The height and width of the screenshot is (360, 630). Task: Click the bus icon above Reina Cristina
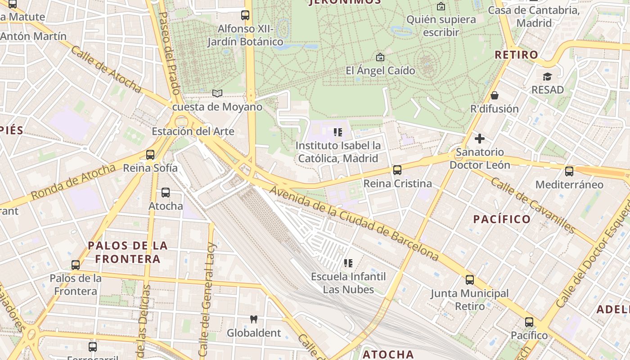tap(397, 170)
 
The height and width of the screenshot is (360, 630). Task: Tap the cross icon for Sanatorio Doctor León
tap(480, 139)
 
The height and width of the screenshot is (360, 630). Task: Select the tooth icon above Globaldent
tap(254, 319)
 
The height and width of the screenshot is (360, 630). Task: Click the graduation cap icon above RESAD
tap(547, 76)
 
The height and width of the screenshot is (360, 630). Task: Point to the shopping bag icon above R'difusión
tap(495, 95)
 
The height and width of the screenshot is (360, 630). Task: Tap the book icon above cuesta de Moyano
tap(217, 93)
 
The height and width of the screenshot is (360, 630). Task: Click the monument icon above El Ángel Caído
tap(380, 57)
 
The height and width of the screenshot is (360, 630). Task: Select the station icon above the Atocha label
tap(166, 193)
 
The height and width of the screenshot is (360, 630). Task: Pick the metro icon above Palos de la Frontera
tap(76, 265)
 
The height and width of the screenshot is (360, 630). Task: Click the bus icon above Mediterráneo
tap(569, 171)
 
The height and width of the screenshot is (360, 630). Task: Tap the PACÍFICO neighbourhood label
tap(502, 219)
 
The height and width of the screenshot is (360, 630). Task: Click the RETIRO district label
tap(516, 55)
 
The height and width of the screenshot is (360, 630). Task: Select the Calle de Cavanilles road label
tap(533, 205)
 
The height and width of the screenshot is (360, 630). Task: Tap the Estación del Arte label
tap(193, 131)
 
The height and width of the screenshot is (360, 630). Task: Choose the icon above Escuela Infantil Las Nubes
tap(348, 263)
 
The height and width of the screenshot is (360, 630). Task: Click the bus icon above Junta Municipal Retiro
tap(470, 280)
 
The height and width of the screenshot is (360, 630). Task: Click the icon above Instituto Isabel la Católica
tap(338, 132)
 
